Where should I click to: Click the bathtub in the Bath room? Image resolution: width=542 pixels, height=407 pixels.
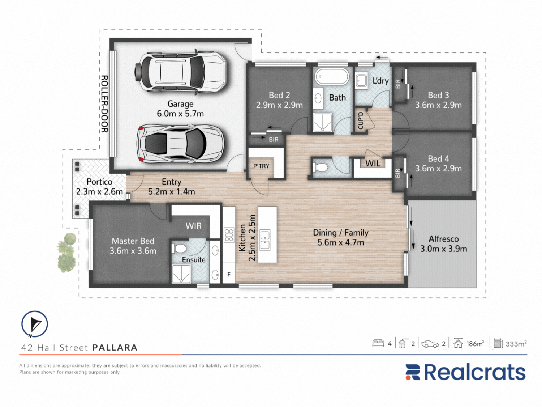(x=332, y=77)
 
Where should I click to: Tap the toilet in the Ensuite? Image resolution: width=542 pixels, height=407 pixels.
(x=180, y=248)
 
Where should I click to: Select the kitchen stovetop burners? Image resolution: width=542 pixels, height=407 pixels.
(x=229, y=235)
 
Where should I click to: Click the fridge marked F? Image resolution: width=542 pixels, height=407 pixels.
(x=229, y=274)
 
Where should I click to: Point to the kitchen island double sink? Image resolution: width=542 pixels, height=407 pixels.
(x=265, y=240)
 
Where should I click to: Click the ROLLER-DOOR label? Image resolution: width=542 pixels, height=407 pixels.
(x=105, y=104)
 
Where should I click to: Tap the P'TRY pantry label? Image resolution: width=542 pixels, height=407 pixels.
(x=261, y=166)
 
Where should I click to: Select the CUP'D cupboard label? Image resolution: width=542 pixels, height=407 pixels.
(x=361, y=120)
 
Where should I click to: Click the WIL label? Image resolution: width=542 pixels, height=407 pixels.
(x=373, y=163)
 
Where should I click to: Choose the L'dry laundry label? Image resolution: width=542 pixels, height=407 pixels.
(x=380, y=81)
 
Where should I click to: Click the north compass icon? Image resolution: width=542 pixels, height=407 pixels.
(x=34, y=324)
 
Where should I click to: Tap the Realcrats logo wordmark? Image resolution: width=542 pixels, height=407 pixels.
(x=465, y=372)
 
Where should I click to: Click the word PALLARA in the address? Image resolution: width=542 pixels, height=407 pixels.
(x=115, y=348)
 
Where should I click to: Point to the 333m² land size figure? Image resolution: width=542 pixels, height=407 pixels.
(x=516, y=344)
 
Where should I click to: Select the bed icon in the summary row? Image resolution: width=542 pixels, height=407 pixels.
(x=378, y=343)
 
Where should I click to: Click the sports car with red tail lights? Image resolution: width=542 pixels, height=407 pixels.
(x=181, y=144)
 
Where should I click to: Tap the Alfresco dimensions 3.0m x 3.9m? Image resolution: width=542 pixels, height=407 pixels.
(x=444, y=249)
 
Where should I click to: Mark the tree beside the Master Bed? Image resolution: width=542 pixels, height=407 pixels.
(x=66, y=252)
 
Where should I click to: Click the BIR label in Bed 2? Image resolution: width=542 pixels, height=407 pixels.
(x=274, y=140)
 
